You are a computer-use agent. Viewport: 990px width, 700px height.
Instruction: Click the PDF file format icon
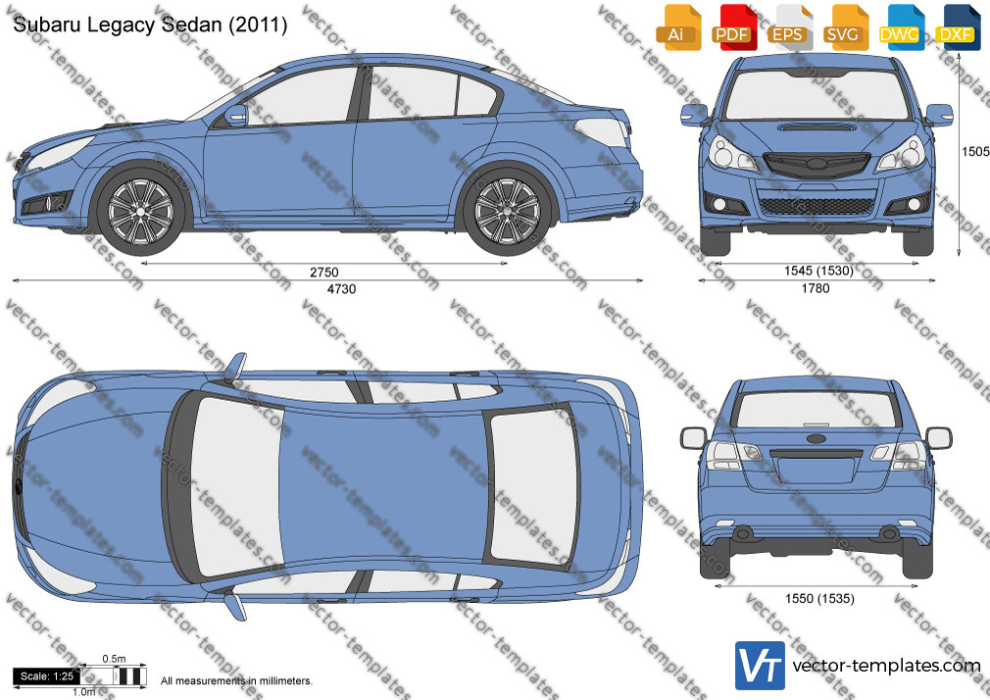(732, 27)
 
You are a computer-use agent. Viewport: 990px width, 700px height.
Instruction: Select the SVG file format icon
(843, 27)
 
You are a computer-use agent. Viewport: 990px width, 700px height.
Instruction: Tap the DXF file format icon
(956, 27)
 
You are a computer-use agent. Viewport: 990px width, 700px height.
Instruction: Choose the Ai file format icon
(676, 27)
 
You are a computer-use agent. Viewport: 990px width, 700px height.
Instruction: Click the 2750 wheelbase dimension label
(323, 273)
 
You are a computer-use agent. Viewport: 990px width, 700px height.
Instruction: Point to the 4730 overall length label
(341, 288)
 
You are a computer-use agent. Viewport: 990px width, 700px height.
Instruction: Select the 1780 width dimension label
(816, 288)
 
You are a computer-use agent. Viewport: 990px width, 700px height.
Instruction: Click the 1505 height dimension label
(975, 152)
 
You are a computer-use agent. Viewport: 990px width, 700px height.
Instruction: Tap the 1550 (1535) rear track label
(819, 598)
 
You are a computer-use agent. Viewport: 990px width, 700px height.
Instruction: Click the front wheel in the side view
(140, 211)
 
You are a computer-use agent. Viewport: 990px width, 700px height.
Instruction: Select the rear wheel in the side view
(507, 211)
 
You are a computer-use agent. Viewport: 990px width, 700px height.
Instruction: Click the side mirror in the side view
(236, 115)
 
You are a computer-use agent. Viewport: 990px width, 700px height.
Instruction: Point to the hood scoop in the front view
(816, 127)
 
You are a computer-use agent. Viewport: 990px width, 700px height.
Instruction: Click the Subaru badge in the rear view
(816, 438)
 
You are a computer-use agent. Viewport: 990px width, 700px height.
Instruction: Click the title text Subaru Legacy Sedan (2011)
(150, 25)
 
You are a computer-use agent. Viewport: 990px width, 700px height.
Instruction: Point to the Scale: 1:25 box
(47, 676)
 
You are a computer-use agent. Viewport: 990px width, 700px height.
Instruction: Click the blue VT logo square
(760, 666)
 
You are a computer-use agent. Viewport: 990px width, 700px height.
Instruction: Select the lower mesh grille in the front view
(817, 206)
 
